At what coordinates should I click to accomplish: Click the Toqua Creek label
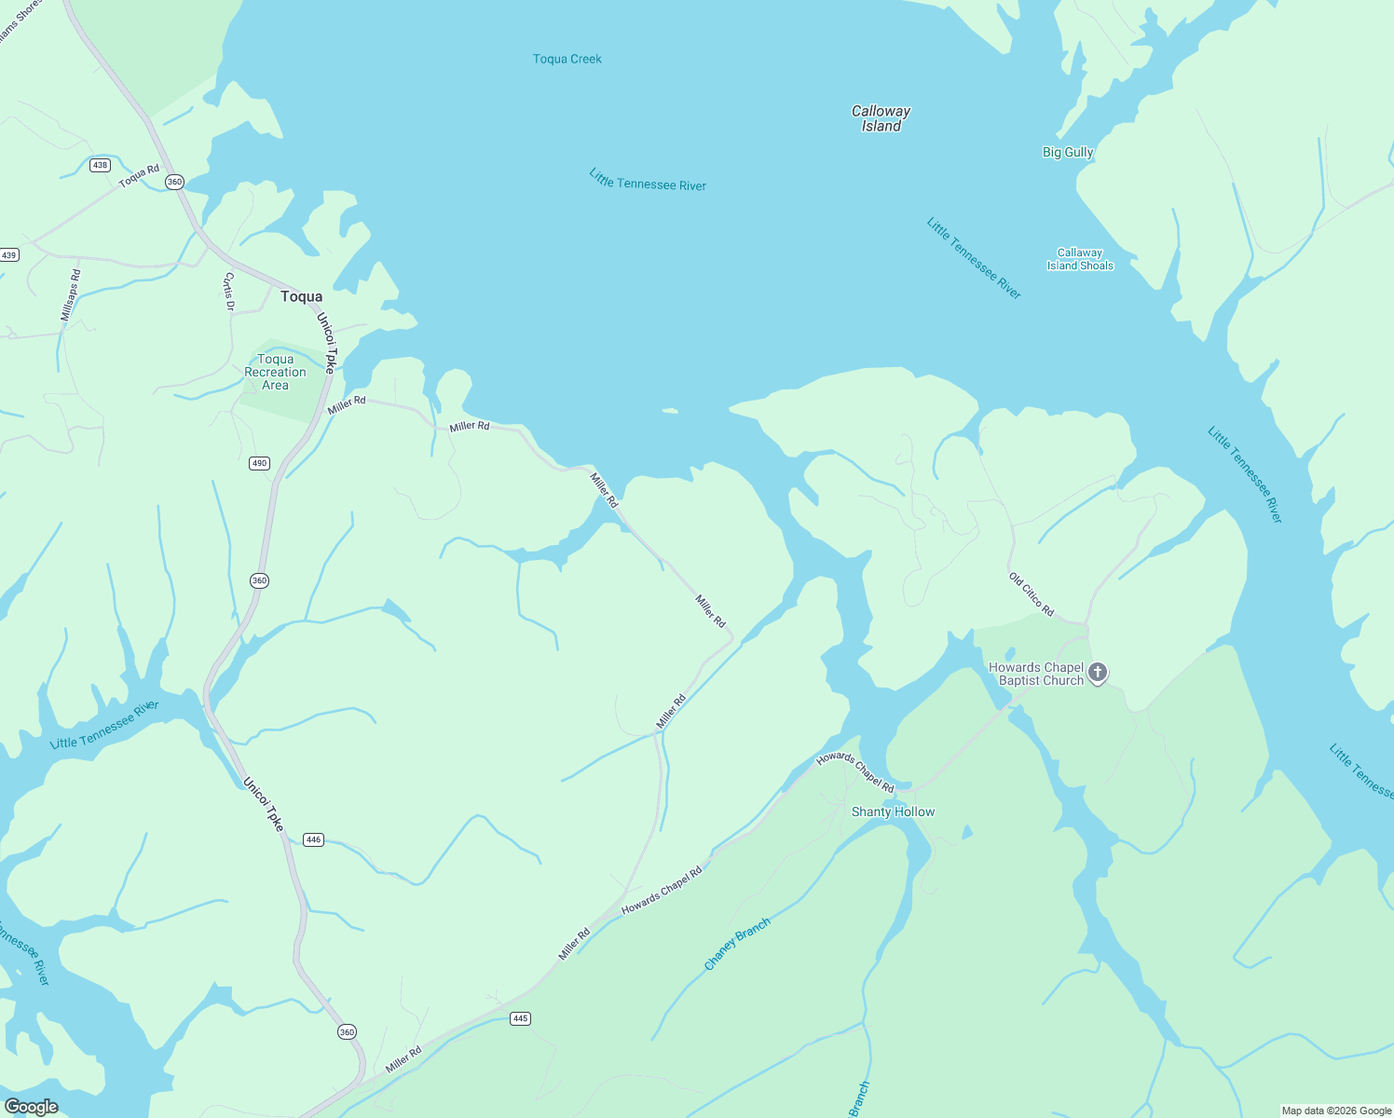click(x=567, y=59)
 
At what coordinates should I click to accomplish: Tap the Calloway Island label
click(x=881, y=118)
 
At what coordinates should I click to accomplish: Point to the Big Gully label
click(x=1067, y=152)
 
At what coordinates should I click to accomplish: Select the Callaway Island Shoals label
click(x=1080, y=259)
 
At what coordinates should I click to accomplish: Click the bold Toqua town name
click(x=301, y=296)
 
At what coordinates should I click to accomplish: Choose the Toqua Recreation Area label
click(x=275, y=372)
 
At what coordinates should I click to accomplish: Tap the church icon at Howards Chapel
click(x=1098, y=673)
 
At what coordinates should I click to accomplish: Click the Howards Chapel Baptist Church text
click(x=1035, y=674)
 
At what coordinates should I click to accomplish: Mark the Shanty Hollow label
click(x=893, y=811)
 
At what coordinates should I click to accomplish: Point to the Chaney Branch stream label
click(x=737, y=944)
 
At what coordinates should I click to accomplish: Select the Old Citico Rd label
click(x=1032, y=594)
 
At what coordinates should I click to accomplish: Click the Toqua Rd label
click(x=139, y=176)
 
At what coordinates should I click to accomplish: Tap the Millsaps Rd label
click(x=71, y=295)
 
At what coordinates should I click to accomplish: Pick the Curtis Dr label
click(x=228, y=292)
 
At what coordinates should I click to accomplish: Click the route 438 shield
click(x=100, y=165)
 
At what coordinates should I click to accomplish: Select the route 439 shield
click(x=9, y=254)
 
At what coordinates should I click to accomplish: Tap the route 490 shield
click(x=259, y=463)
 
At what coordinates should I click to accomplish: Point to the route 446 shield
click(x=313, y=839)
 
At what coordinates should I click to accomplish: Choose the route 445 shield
click(x=520, y=1018)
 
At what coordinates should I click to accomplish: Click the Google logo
click(x=31, y=1106)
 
